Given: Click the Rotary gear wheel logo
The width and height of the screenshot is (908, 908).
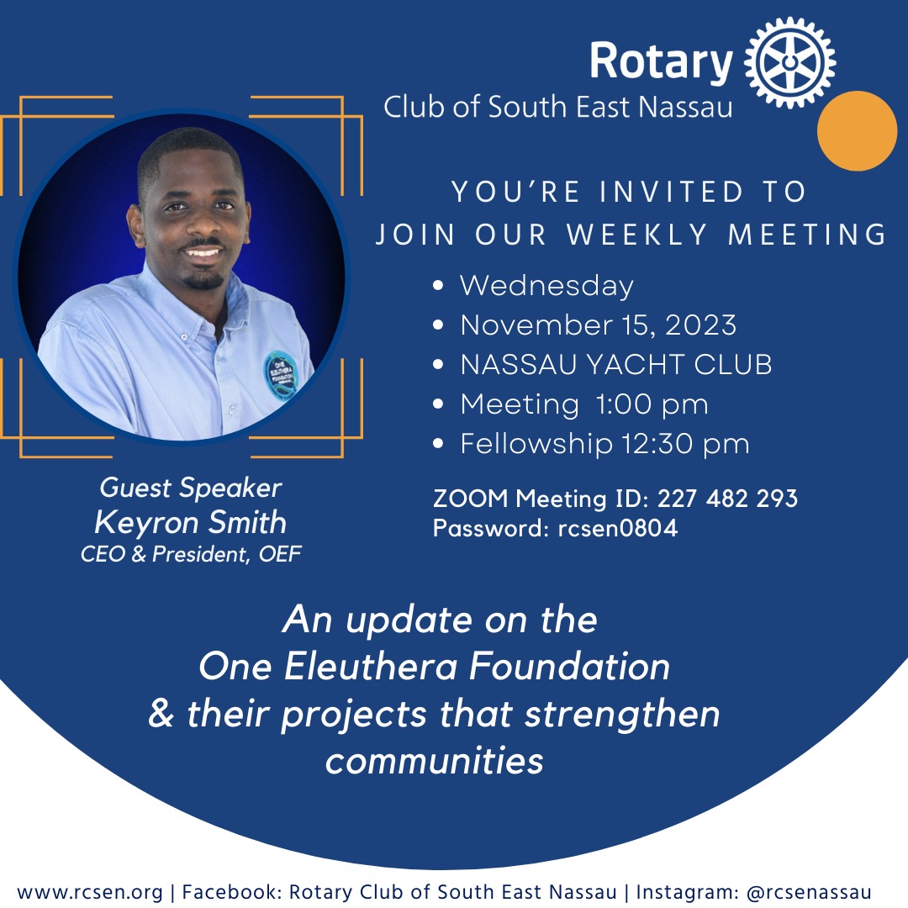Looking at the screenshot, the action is point(789,62).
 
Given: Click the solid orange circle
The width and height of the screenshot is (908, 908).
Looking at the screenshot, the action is point(857,131).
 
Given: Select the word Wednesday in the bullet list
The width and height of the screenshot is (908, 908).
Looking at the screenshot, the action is point(546,287).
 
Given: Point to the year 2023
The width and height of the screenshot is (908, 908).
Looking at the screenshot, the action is point(700,325).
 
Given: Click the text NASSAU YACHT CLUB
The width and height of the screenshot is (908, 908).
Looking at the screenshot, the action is point(616,364).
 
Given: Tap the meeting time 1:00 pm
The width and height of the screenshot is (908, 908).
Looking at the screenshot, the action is point(652,404).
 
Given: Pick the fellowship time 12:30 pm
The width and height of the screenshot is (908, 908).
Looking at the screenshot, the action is point(686,444).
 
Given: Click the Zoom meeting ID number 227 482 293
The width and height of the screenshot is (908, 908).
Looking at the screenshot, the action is point(727,499).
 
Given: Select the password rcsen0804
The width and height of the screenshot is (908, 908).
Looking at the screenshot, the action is point(618,528).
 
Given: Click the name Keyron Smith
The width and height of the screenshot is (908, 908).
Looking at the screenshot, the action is point(191,523).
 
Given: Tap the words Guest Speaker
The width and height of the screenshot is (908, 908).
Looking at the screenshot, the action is point(191,488).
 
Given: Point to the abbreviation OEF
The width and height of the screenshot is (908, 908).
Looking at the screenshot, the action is point(280,554).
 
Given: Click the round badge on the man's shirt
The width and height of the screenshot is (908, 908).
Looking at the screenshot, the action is point(282,376).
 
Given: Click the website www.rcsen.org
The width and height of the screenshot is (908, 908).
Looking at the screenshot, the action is point(90,892).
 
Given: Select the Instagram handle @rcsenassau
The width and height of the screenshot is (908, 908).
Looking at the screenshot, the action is point(809,892).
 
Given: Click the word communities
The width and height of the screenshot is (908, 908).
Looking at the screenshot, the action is point(435,760).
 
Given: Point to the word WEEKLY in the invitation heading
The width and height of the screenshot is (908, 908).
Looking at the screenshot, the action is point(637,235).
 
